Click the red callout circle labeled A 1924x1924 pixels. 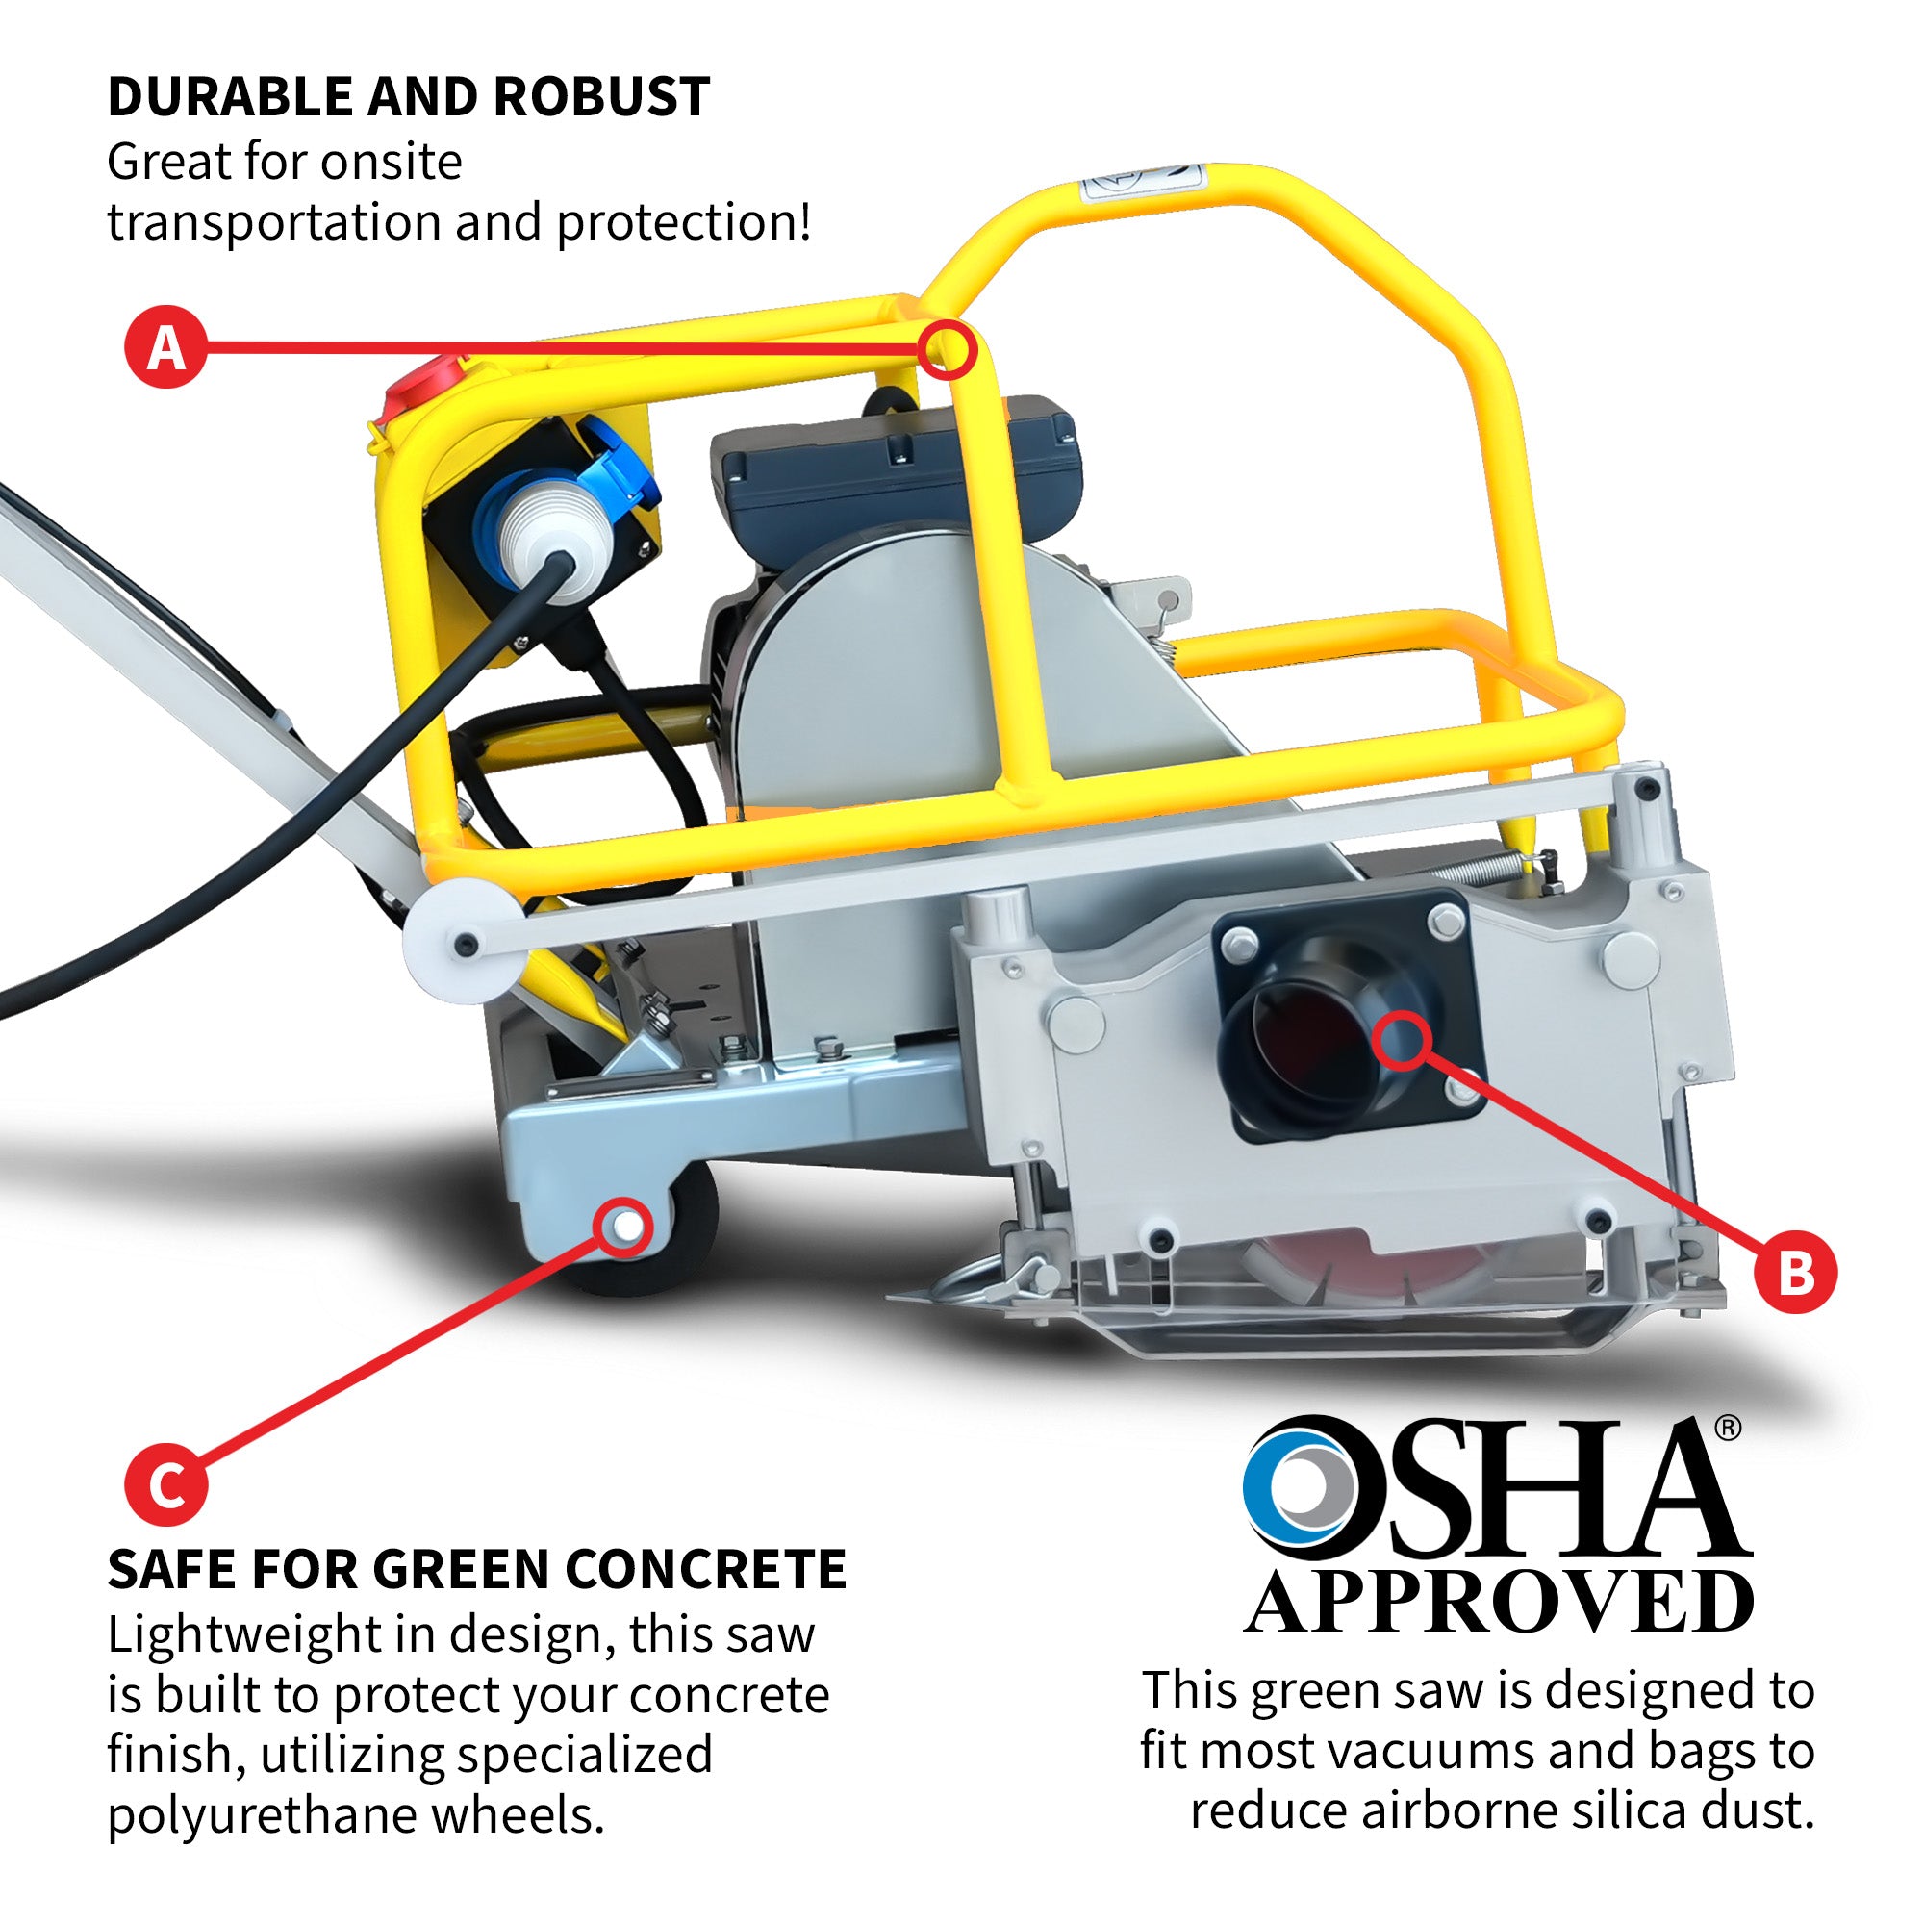click(x=165, y=346)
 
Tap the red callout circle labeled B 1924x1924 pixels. click(x=1795, y=1272)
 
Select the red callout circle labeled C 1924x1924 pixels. click(x=166, y=1484)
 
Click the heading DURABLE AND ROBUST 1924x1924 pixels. click(x=408, y=96)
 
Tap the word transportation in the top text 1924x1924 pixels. click(x=273, y=222)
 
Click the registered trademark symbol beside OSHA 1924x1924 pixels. click(x=1729, y=1428)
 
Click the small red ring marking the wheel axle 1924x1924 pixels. click(x=624, y=1227)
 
